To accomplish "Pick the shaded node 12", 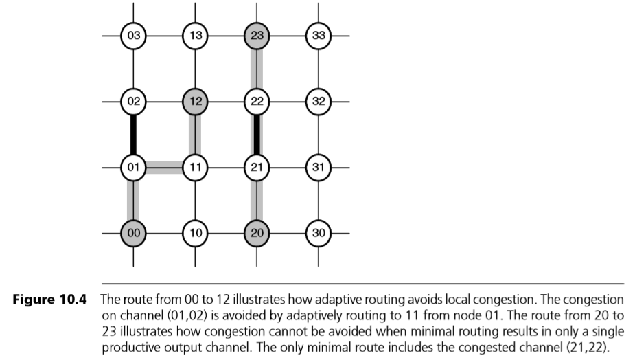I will coord(195,102).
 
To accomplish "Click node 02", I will coord(133,102).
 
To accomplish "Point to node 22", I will coord(257,102).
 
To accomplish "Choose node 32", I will coord(319,102).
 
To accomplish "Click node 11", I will coord(195,167).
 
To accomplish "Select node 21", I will coord(257,167).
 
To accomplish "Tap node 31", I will coord(319,167).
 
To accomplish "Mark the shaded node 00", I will coord(133,233).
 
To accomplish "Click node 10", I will coord(195,233).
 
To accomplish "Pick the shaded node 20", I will coord(257,233).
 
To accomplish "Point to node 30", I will coord(319,233).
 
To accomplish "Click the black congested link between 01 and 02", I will coord(133,135).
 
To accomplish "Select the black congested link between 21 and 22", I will coord(257,135).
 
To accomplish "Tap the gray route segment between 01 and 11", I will coord(164,166).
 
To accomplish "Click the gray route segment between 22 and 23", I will coord(257,69).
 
